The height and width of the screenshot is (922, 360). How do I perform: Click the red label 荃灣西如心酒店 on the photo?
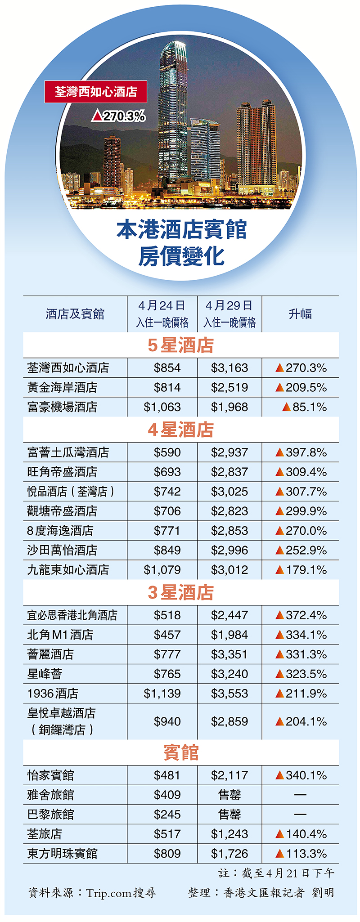96,92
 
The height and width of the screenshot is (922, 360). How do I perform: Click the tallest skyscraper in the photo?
173,112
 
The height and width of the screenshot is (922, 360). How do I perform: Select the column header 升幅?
300,314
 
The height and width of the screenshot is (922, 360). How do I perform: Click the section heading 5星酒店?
180,345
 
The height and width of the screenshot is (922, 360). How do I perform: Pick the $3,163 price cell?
229,368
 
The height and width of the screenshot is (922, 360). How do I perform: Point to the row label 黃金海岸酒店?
62,388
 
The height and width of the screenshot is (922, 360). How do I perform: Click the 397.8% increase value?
306,452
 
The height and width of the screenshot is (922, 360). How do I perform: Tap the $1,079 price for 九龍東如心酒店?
162,570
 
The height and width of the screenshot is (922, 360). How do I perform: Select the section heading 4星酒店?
180,430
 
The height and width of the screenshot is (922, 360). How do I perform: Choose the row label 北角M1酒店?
60,635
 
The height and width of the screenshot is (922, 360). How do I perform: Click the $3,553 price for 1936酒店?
229,694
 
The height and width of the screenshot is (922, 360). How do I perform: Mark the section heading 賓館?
180,752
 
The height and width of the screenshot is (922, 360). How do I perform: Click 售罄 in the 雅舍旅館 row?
229,795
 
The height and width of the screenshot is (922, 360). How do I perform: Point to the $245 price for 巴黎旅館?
167,815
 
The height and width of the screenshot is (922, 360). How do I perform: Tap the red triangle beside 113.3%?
280,854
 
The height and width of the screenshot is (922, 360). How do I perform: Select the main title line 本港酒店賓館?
181,230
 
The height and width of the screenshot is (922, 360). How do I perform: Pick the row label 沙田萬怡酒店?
62,551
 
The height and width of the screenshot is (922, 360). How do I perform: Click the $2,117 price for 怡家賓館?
229,775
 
